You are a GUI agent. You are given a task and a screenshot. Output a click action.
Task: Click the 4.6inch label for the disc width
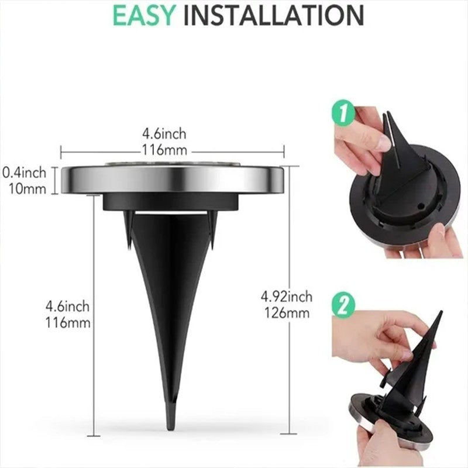[171, 135]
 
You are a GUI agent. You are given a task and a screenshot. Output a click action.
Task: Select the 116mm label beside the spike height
[69, 321]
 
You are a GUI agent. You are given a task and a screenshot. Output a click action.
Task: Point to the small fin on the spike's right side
[214, 225]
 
